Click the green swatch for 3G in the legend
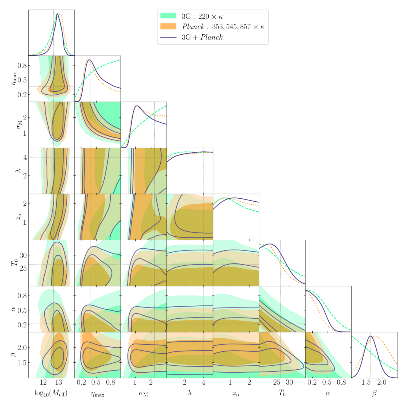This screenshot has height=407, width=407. [x=168, y=16]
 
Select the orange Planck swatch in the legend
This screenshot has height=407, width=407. [x=168, y=27]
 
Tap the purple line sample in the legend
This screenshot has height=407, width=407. [x=168, y=37]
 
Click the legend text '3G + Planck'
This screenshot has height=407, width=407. [x=202, y=37]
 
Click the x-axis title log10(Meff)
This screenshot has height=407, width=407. [x=51, y=393]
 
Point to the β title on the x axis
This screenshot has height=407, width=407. [x=374, y=393]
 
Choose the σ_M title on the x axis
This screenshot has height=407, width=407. [x=144, y=393]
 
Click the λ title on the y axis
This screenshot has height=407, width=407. [x=17, y=171]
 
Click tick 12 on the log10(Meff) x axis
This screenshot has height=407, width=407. [x=43, y=383]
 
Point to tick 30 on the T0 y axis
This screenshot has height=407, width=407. [x=23, y=256]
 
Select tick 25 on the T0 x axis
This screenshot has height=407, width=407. [x=277, y=383]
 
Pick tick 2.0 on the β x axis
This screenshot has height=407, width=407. [x=382, y=383]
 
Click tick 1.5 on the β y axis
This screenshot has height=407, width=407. [x=22, y=363]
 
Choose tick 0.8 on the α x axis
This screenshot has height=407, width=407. [x=341, y=383]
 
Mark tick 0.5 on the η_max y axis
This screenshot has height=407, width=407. [x=22, y=80]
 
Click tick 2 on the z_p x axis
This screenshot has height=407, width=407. [x=249, y=383]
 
